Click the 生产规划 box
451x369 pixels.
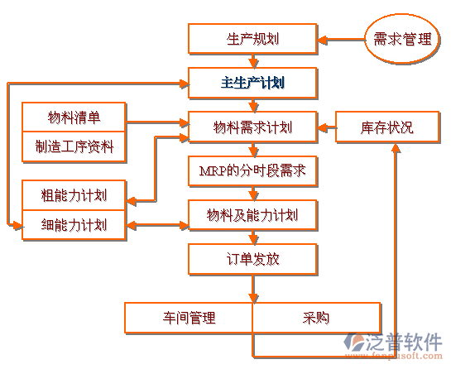click(x=252, y=39)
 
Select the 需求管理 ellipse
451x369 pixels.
click(x=402, y=39)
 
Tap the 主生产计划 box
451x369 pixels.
click(x=252, y=83)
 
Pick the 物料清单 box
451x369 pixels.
click(x=74, y=117)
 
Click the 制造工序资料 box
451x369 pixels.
click(x=74, y=146)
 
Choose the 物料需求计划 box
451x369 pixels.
click(x=252, y=127)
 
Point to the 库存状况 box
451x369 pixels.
click(x=387, y=127)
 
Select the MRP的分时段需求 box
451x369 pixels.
click(x=252, y=171)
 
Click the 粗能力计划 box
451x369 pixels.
click(x=74, y=195)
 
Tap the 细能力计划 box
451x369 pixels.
click(x=74, y=225)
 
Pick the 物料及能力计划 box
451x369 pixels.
click(x=252, y=215)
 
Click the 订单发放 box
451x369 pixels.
click(x=252, y=259)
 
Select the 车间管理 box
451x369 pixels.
click(x=189, y=318)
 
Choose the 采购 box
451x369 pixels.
click(x=316, y=318)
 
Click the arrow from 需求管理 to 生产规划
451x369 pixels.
click(x=341, y=40)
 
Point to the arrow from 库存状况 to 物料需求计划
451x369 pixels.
click(x=326, y=127)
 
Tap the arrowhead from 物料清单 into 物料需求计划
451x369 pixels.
click(x=184, y=122)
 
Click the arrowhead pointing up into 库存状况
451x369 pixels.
click(x=396, y=148)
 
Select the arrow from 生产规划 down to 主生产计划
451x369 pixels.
click(x=253, y=60)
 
